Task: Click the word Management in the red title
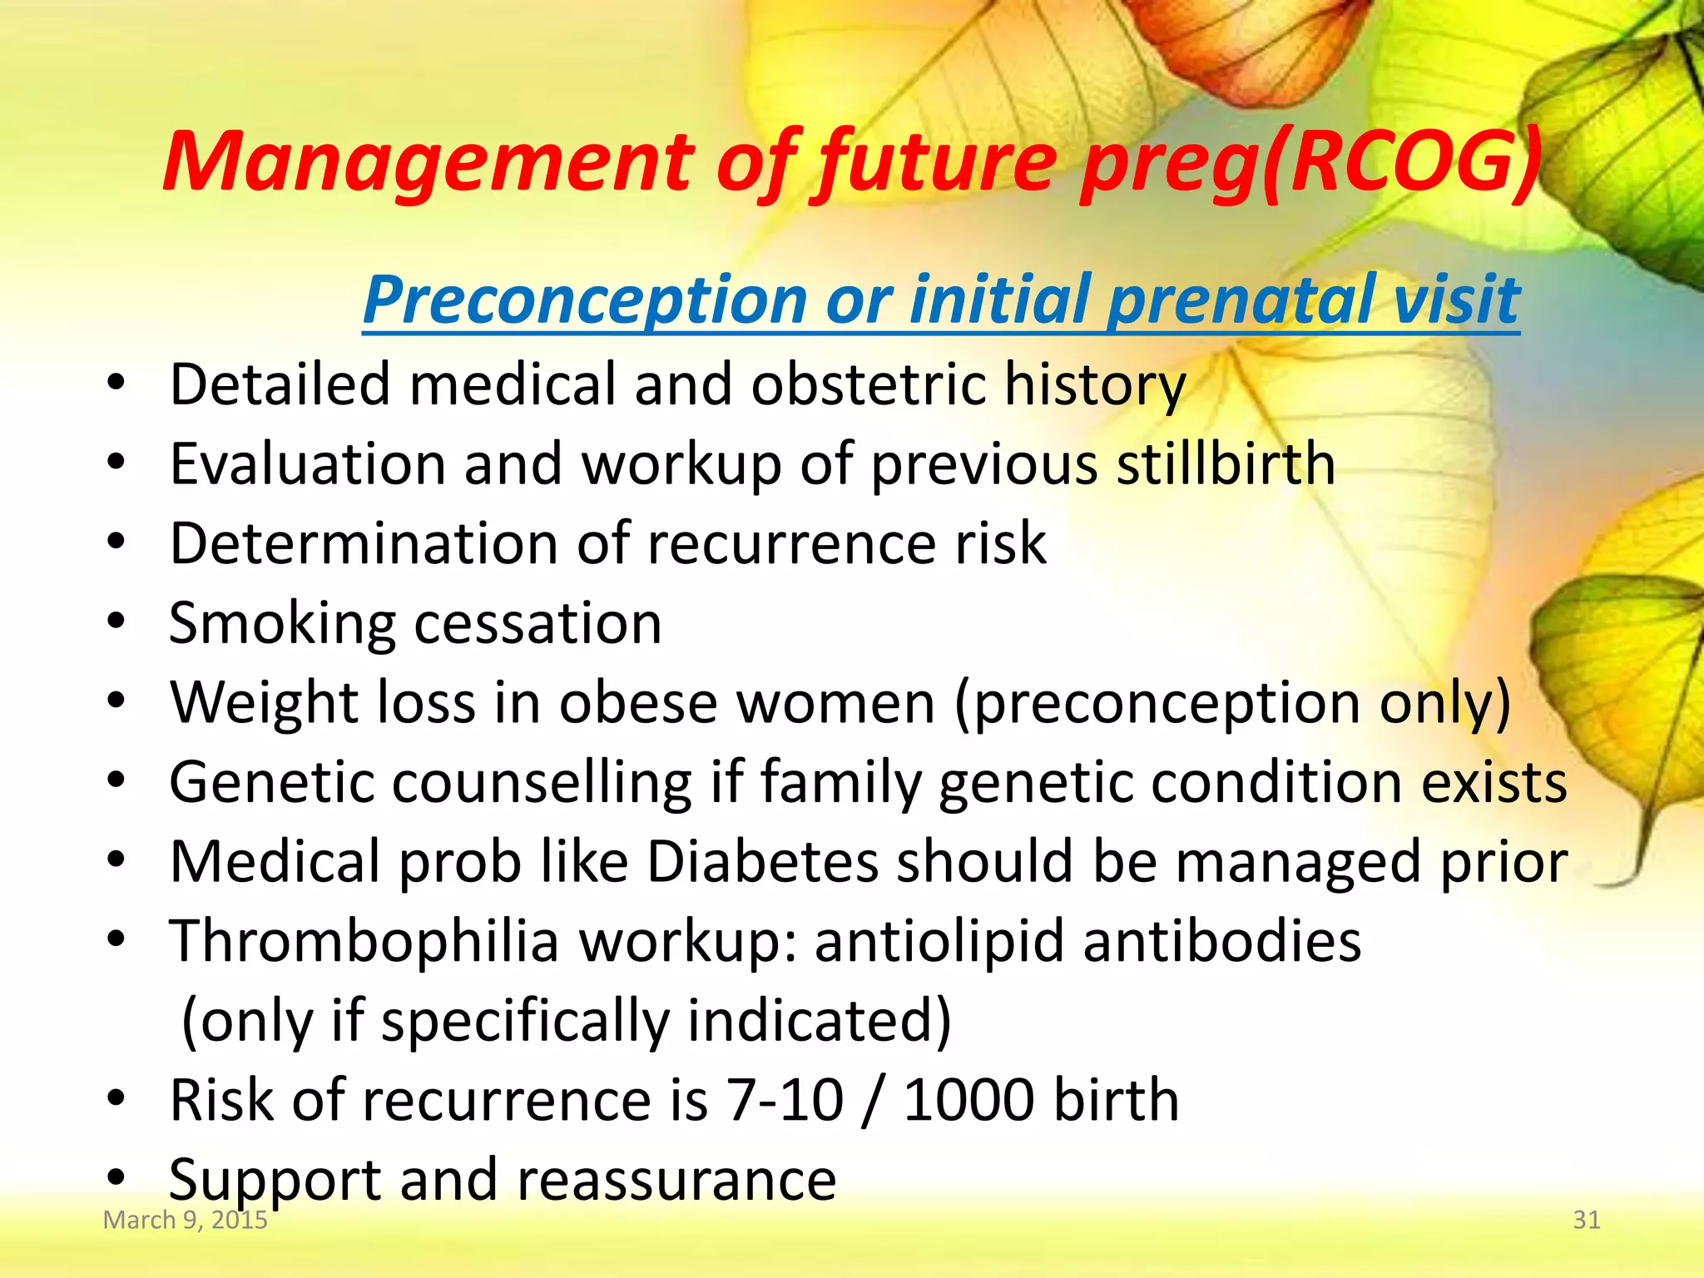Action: (428, 162)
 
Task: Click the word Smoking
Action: (282, 624)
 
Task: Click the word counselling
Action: (542, 782)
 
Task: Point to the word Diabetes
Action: (762, 862)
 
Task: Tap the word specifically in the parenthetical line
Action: (525, 1021)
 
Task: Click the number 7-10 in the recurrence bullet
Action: (785, 1101)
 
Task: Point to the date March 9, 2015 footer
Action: (185, 1220)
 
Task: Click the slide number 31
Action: (1586, 1220)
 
